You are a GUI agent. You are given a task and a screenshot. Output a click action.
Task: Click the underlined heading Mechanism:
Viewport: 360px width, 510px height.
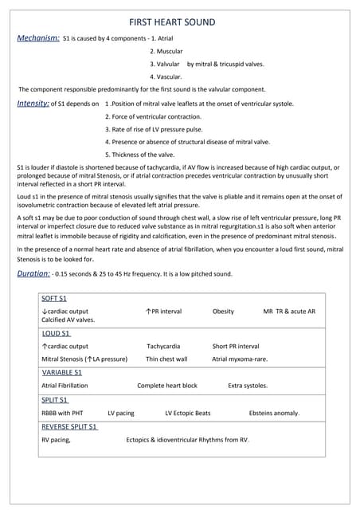(38, 37)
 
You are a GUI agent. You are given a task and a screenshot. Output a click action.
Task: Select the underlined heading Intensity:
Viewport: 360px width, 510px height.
(33, 104)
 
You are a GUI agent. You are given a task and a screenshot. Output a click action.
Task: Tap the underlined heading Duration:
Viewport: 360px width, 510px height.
(33, 274)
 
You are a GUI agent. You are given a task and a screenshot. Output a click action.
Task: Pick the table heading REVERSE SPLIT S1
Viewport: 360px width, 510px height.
(69, 427)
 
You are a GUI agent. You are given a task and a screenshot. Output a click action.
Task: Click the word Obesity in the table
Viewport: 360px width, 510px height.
(223, 311)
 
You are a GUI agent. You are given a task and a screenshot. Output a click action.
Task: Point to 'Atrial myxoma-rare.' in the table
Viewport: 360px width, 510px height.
(240, 359)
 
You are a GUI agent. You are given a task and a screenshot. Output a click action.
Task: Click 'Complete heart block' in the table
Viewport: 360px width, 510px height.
(167, 386)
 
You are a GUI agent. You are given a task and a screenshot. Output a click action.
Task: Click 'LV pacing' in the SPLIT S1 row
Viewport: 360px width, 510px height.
(121, 414)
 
